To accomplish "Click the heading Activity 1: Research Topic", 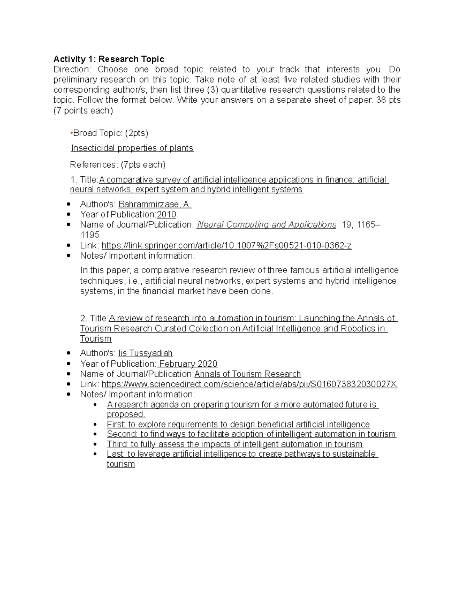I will pyautogui.click(x=108, y=59).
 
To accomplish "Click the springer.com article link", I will pyautogui.click(x=226, y=246).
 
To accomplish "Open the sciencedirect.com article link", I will pyautogui.click(x=249, y=384).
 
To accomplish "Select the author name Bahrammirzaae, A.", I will pyautogui.click(x=155, y=204).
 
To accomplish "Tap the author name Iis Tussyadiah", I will pyautogui.click(x=145, y=353).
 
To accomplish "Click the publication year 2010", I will pyautogui.click(x=166, y=215).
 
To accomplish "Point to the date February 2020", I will pyautogui.click(x=188, y=364).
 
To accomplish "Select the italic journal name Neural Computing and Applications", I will pyautogui.click(x=266, y=225).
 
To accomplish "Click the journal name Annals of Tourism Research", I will pyautogui.click(x=248, y=374).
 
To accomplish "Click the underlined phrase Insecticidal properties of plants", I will pyautogui.click(x=132, y=148).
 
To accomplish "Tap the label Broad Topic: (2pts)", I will pyautogui.click(x=110, y=133).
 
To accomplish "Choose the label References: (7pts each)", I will pyautogui.click(x=118, y=165).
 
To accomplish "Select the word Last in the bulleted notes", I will pyautogui.click(x=115, y=454).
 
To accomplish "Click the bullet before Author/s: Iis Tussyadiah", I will pyautogui.click(x=68, y=353).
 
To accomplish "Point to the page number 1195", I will pyautogui.click(x=90, y=235).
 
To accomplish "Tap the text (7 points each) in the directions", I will pyautogui.click(x=83, y=111).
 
